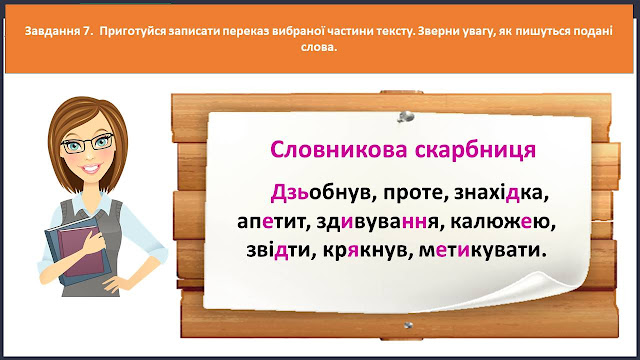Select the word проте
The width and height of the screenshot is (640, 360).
[x=413, y=193]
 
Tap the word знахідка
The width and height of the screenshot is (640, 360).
[x=499, y=193]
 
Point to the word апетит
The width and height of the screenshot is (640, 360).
[x=271, y=222]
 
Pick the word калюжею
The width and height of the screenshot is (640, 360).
[x=500, y=222]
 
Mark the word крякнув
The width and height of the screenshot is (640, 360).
[x=364, y=251]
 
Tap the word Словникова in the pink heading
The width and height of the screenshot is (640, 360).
[x=339, y=150]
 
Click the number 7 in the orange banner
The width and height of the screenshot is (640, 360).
[x=87, y=31]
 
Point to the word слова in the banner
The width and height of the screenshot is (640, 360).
[x=318, y=47]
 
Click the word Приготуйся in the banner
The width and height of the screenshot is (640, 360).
[x=132, y=31]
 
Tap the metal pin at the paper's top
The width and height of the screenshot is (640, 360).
[x=405, y=118]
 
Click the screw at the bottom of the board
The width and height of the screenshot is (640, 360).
[x=408, y=325]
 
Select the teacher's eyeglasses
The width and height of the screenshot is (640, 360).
[x=88, y=142]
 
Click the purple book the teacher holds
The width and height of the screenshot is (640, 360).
[x=82, y=250]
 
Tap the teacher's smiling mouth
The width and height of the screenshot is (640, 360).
[x=91, y=168]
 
